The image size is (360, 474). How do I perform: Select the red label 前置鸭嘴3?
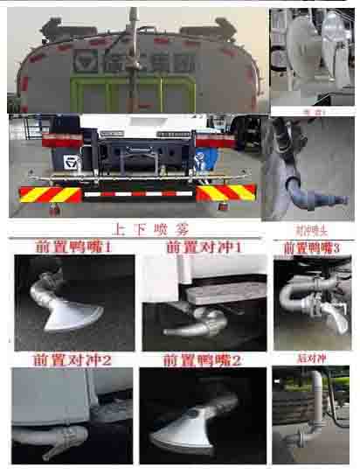coord(310,248)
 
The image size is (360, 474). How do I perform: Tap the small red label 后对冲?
coord(310,359)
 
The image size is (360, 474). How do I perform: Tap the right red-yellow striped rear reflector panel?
coord(226,192)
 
